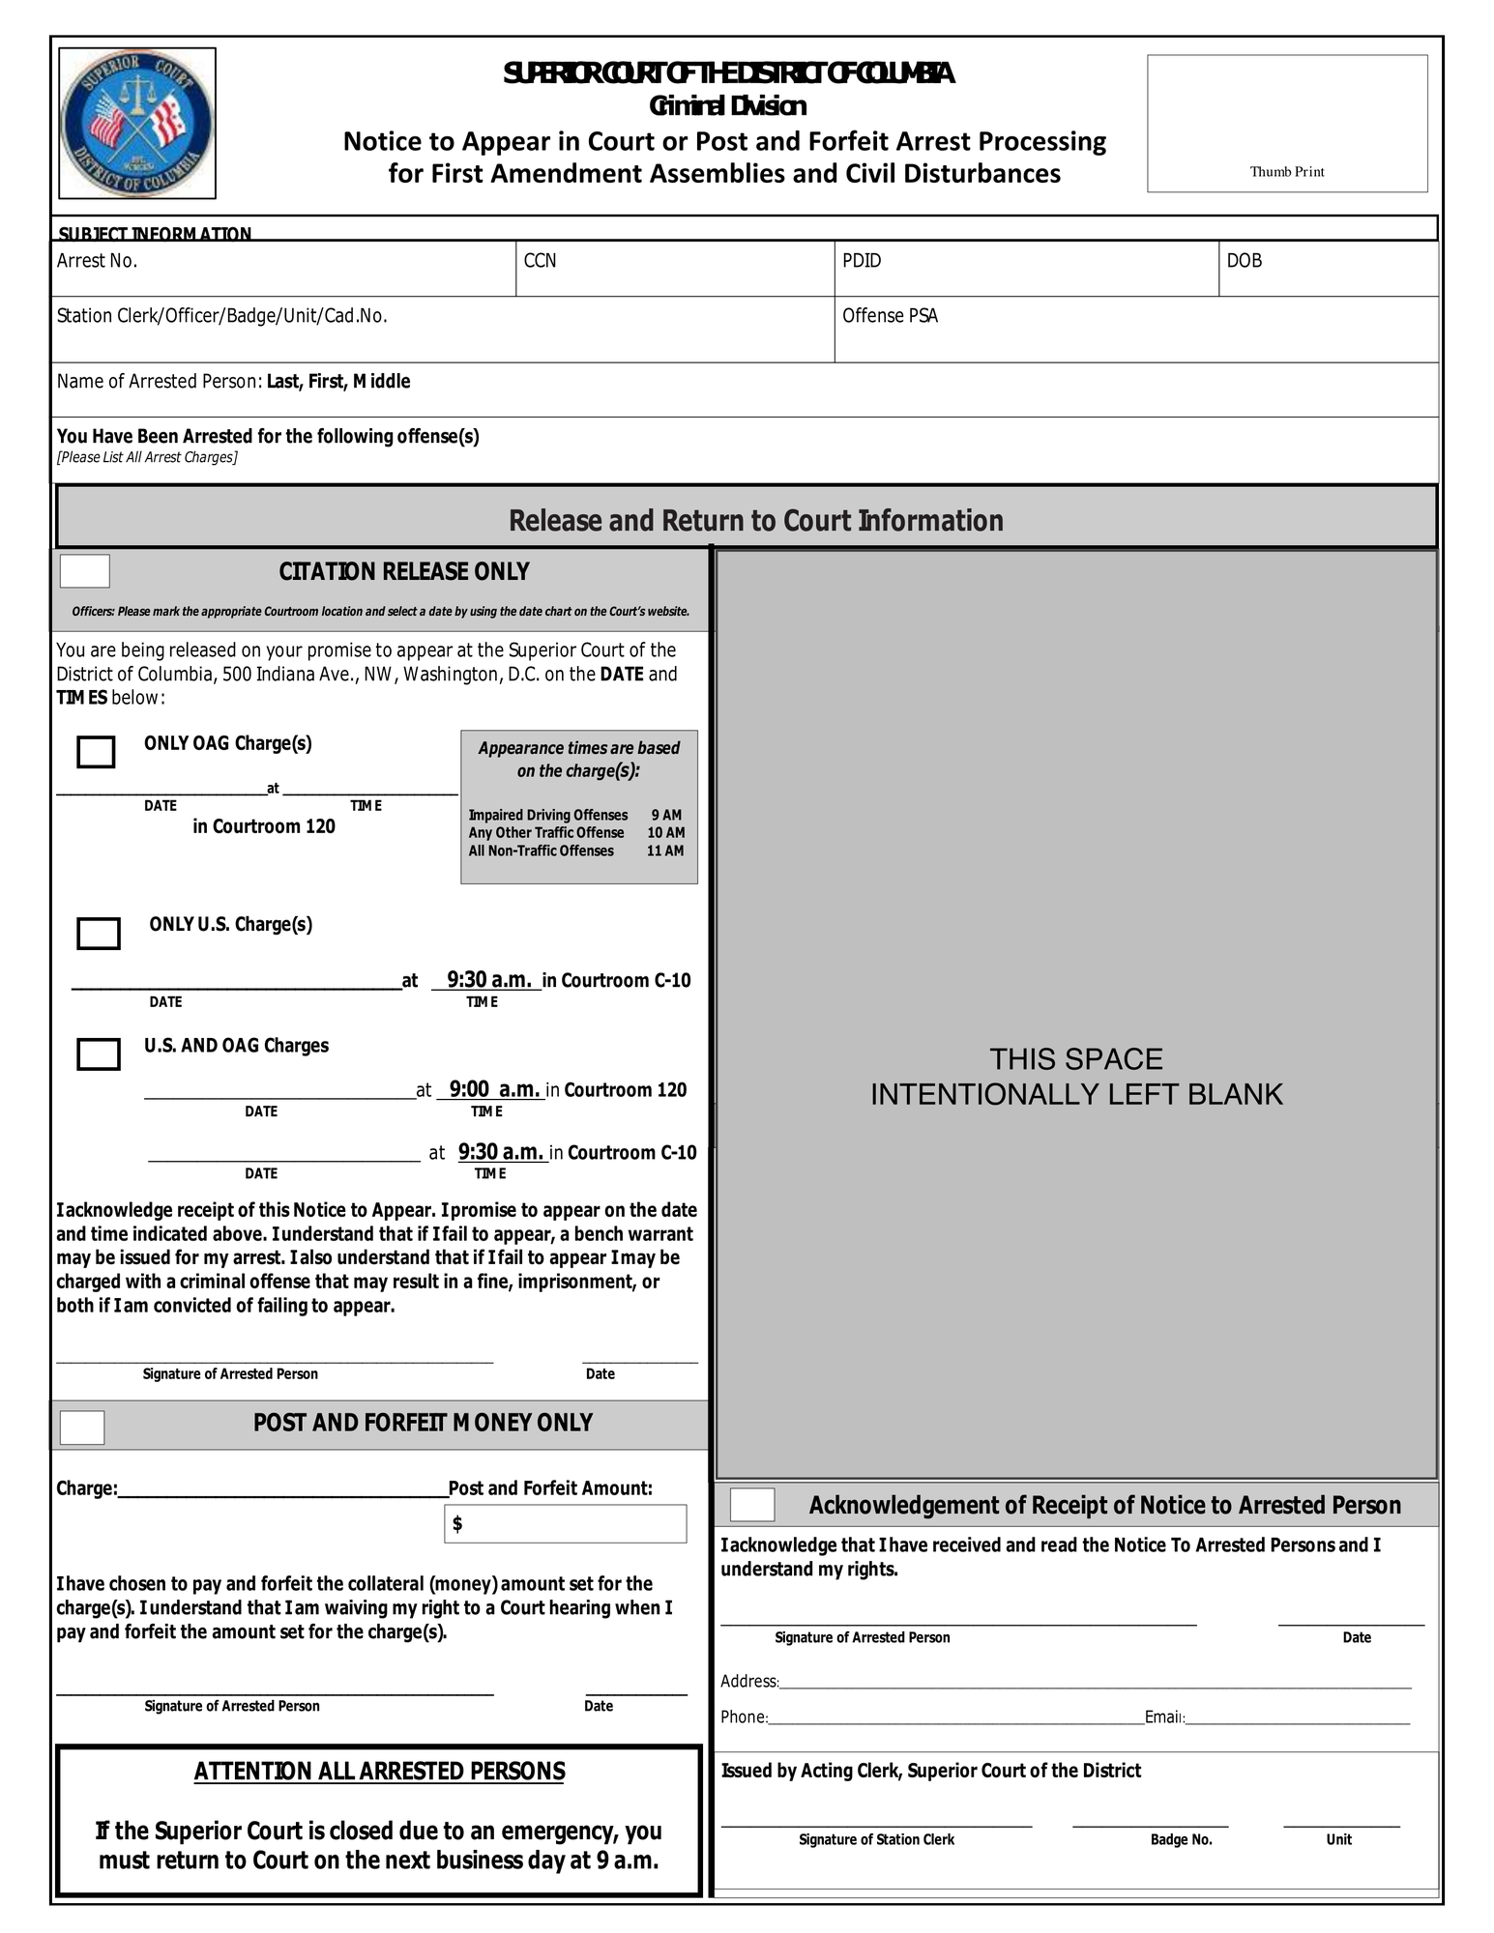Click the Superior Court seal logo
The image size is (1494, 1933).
136,124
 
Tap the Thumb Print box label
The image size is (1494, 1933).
1286,172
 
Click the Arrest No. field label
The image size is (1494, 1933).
97,261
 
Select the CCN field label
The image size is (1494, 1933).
540,261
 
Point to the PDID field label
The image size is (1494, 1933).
861,261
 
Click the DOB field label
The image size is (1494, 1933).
1244,261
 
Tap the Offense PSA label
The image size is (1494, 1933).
890,316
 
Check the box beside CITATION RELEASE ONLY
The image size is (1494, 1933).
85,571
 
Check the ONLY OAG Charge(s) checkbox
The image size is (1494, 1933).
96,752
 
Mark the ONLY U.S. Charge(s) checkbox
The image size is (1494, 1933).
99,934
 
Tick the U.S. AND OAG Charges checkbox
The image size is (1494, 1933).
99,1054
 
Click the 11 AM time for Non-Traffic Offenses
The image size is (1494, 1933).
665,851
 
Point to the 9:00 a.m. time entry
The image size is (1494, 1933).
493,1089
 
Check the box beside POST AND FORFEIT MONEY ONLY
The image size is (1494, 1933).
82,1428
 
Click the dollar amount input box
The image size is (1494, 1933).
566,1524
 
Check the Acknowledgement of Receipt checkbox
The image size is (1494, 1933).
752,1505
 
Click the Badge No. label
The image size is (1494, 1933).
1181,1839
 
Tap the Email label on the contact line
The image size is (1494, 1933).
1164,1717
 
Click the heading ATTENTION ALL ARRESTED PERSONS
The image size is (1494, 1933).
379,1772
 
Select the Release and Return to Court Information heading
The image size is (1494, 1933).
755,521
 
